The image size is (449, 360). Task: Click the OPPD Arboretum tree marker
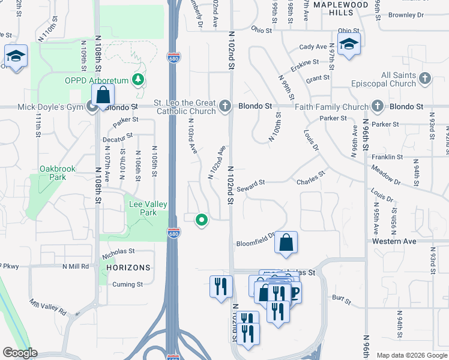pos(139,80)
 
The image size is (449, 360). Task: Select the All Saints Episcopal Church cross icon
pos(424,79)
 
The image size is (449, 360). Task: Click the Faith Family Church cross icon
pos(378,106)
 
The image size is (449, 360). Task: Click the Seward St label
pos(250,184)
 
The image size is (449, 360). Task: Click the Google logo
pos(20,353)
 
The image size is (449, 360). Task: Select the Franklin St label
pos(387,157)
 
